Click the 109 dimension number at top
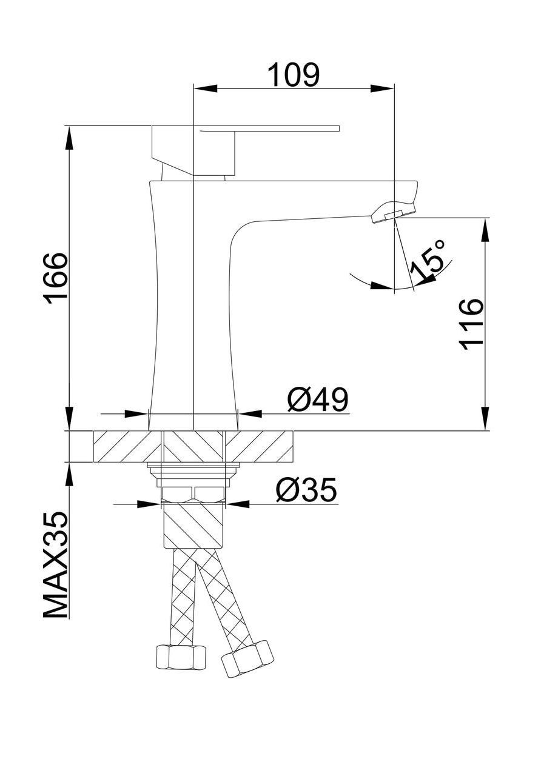coord(293,75)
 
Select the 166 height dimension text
coord(56,278)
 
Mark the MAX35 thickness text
coord(56,565)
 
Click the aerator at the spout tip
coord(393,214)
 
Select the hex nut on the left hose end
coord(180,657)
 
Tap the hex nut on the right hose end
coord(247,657)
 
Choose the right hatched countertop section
coord(260,446)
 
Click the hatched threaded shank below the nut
coord(193,525)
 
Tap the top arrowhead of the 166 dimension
coord(69,137)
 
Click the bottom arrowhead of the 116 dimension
coord(486,418)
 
